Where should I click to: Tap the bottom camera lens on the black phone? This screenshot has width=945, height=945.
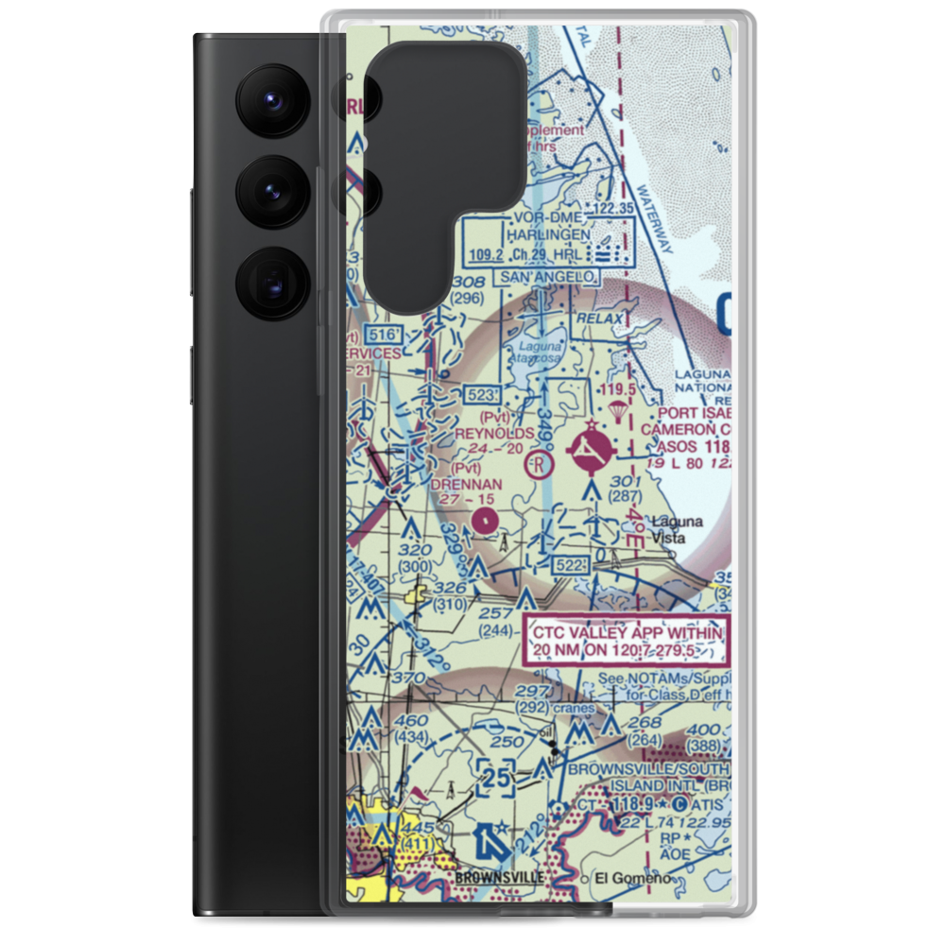(x=270, y=283)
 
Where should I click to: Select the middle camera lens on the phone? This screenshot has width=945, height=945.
(x=270, y=192)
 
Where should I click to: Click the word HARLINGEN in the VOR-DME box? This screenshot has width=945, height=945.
(x=547, y=234)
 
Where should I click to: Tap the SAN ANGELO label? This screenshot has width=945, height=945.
(x=548, y=276)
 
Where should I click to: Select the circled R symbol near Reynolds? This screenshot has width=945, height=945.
(x=538, y=464)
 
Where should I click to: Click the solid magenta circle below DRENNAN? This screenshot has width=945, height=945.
(x=485, y=519)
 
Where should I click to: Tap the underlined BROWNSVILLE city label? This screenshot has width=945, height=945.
(x=499, y=877)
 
